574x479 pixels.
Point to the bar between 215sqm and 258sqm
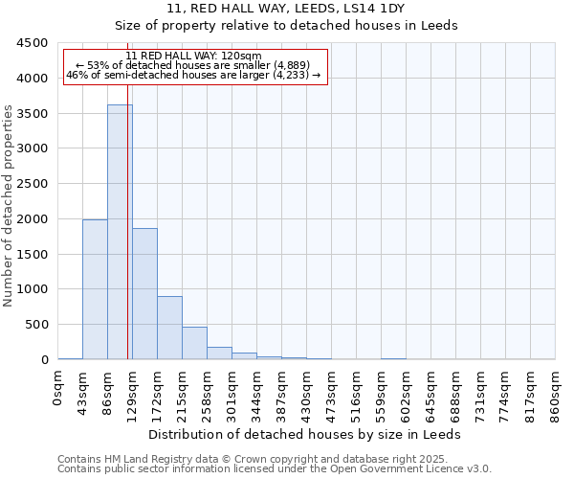point(194,343)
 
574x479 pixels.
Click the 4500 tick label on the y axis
point(32,43)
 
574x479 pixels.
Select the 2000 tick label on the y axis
point(32,219)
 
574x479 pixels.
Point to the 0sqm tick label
point(58,388)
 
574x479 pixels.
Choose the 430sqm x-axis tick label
point(307,395)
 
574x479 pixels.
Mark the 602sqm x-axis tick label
point(407,395)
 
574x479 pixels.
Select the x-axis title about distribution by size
point(306,434)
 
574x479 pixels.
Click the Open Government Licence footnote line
point(275,469)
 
